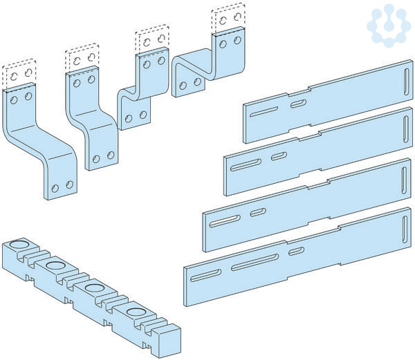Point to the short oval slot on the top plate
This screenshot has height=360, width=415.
tap(298, 104)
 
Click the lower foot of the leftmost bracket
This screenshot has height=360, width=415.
tap(62, 185)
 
